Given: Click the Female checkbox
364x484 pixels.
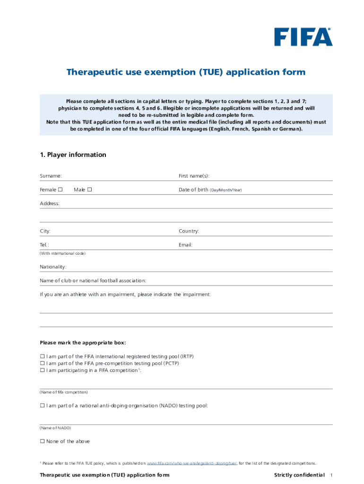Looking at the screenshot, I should pos(60,190).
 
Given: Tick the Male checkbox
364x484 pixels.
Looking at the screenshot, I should pos(89,190).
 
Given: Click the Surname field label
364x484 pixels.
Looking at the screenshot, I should pos(51,176).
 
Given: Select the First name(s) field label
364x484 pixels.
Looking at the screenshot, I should pos(194,176).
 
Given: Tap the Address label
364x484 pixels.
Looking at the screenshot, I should pos(50,204).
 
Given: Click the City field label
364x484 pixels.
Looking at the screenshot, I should pos(45,232).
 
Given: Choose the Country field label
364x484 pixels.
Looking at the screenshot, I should pos(189,232).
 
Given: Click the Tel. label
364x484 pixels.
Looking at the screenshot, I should pos(44,245).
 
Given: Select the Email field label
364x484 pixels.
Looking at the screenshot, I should pos(185,245).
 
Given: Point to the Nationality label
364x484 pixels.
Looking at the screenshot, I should pos(53,267).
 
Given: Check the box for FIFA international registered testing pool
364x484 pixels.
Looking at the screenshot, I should pos(43,356).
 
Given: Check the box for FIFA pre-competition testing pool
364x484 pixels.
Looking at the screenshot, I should pos(43,363).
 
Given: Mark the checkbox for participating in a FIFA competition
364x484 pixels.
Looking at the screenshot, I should pos(43,371).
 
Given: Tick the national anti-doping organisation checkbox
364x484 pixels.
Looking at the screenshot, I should pos(43,406).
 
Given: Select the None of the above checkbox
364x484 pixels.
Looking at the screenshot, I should pos(43,441).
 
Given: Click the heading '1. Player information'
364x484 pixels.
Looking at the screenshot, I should pos(73,155).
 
